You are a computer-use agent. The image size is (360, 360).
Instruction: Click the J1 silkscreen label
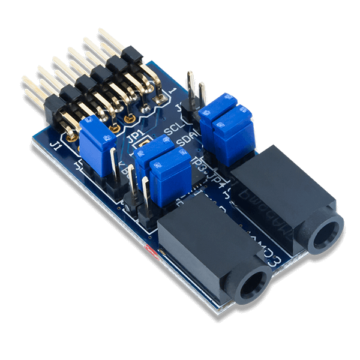point(55,146)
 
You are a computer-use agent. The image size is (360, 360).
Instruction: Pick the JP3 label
point(200,163)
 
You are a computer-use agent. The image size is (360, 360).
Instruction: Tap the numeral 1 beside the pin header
point(175,90)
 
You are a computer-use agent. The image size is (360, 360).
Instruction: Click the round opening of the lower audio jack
point(253,282)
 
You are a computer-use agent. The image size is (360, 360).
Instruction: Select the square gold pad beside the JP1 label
point(142,146)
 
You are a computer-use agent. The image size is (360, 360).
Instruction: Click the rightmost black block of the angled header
point(130,56)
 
